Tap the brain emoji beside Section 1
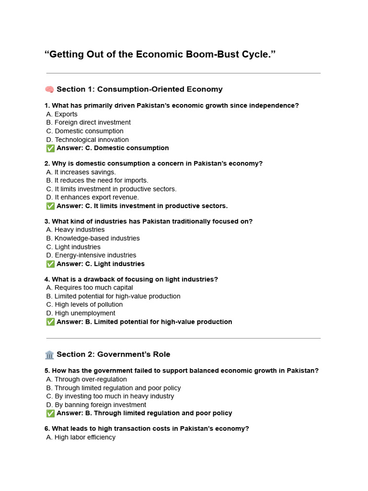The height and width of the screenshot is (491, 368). click(x=49, y=89)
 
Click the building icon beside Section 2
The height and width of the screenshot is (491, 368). click(x=49, y=354)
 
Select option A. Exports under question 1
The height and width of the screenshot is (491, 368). click(x=62, y=114)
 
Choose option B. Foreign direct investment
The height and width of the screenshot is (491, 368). click(x=89, y=122)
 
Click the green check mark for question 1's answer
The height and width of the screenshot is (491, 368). click(x=50, y=148)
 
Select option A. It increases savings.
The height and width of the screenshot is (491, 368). click(x=81, y=172)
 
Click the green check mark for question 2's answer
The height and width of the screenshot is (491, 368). click(x=50, y=206)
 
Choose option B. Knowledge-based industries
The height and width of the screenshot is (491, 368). click(x=93, y=238)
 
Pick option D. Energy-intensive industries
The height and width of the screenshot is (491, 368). click(x=91, y=255)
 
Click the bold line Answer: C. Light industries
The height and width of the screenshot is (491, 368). click(x=100, y=264)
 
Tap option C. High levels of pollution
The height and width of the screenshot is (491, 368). click(x=84, y=304)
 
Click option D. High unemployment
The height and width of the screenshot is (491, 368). click(x=81, y=313)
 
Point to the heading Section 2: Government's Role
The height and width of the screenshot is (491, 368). click(x=113, y=354)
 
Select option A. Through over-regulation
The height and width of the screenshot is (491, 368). click(x=87, y=379)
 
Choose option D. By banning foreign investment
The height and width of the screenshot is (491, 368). click(x=96, y=405)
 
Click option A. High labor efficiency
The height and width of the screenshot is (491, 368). click(x=81, y=437)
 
